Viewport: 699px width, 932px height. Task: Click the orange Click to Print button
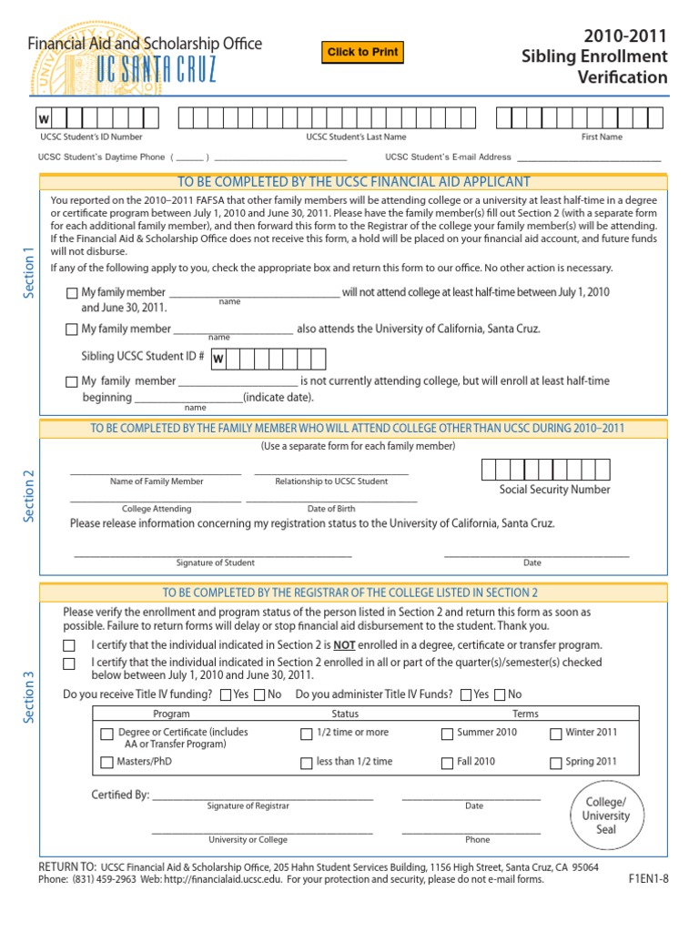361,53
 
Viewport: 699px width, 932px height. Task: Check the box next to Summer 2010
447,734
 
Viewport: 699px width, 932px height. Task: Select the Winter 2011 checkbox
556,734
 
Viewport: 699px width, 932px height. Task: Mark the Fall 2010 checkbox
447,763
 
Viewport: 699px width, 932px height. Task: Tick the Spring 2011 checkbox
556,763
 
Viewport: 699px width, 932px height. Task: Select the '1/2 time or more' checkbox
306,734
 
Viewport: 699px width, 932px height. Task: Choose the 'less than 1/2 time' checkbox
306,763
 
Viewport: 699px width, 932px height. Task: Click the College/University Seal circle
605,816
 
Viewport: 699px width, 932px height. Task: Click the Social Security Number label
554,490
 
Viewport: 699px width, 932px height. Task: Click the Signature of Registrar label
248,806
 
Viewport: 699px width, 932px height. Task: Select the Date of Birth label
331,509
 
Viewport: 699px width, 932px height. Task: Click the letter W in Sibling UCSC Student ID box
218,360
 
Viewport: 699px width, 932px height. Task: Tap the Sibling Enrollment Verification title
593,56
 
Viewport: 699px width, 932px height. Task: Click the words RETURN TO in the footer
67,866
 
